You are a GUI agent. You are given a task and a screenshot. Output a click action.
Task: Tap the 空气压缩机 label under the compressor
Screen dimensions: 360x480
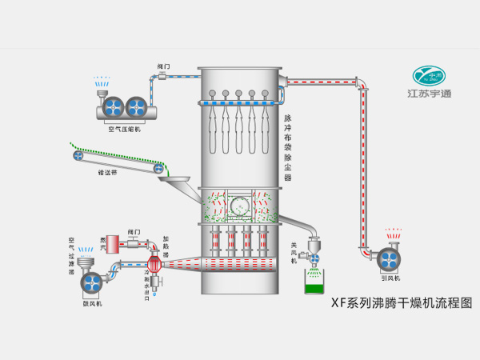pyautogui.click(x=124, y=128)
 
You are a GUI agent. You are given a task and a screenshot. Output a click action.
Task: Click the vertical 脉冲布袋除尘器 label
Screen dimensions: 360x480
pyautogui.click(x=288, y=148)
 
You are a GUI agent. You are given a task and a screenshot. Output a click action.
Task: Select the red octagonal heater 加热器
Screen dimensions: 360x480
pyautogui.click(x=156, y=263)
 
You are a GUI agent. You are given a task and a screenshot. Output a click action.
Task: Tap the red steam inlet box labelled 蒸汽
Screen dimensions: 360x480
pyautogui.click(x=113, y=242)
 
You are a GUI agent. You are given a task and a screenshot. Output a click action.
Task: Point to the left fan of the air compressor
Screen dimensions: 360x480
pyautogui.click(x=114, y=106)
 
